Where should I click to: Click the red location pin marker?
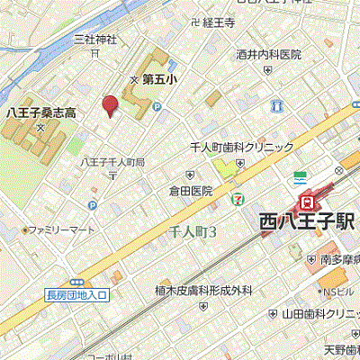(x=110, y=106)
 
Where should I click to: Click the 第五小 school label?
(x=159, y=79)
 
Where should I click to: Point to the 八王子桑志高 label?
(x=40, y=112)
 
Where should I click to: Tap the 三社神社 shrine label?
(x=95, y=40)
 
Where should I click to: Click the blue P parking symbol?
(x=156, y=106)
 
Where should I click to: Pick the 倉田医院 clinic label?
(x=191, y=191)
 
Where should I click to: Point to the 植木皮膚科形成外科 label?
(x=200, y=290)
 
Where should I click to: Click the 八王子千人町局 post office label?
(x=112, y=162)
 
